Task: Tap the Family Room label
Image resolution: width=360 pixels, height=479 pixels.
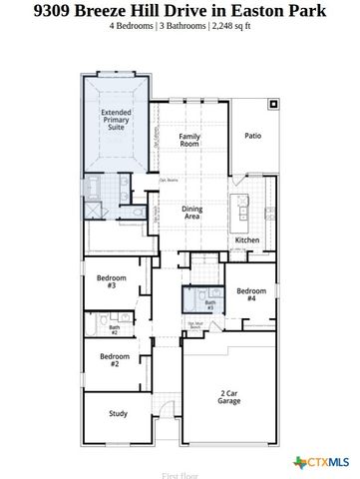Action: (189, 139)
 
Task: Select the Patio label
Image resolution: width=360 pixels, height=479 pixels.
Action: (252, 136)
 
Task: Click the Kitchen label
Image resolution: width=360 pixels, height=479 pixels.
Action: (246, 240)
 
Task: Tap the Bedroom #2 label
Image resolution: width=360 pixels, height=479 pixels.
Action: (115, 360)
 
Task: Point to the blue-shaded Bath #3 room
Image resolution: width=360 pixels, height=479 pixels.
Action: (196, 300)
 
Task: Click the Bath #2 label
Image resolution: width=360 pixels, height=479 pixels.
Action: (115, 328)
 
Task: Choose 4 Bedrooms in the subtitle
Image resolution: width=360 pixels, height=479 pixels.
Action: (135, 27)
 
